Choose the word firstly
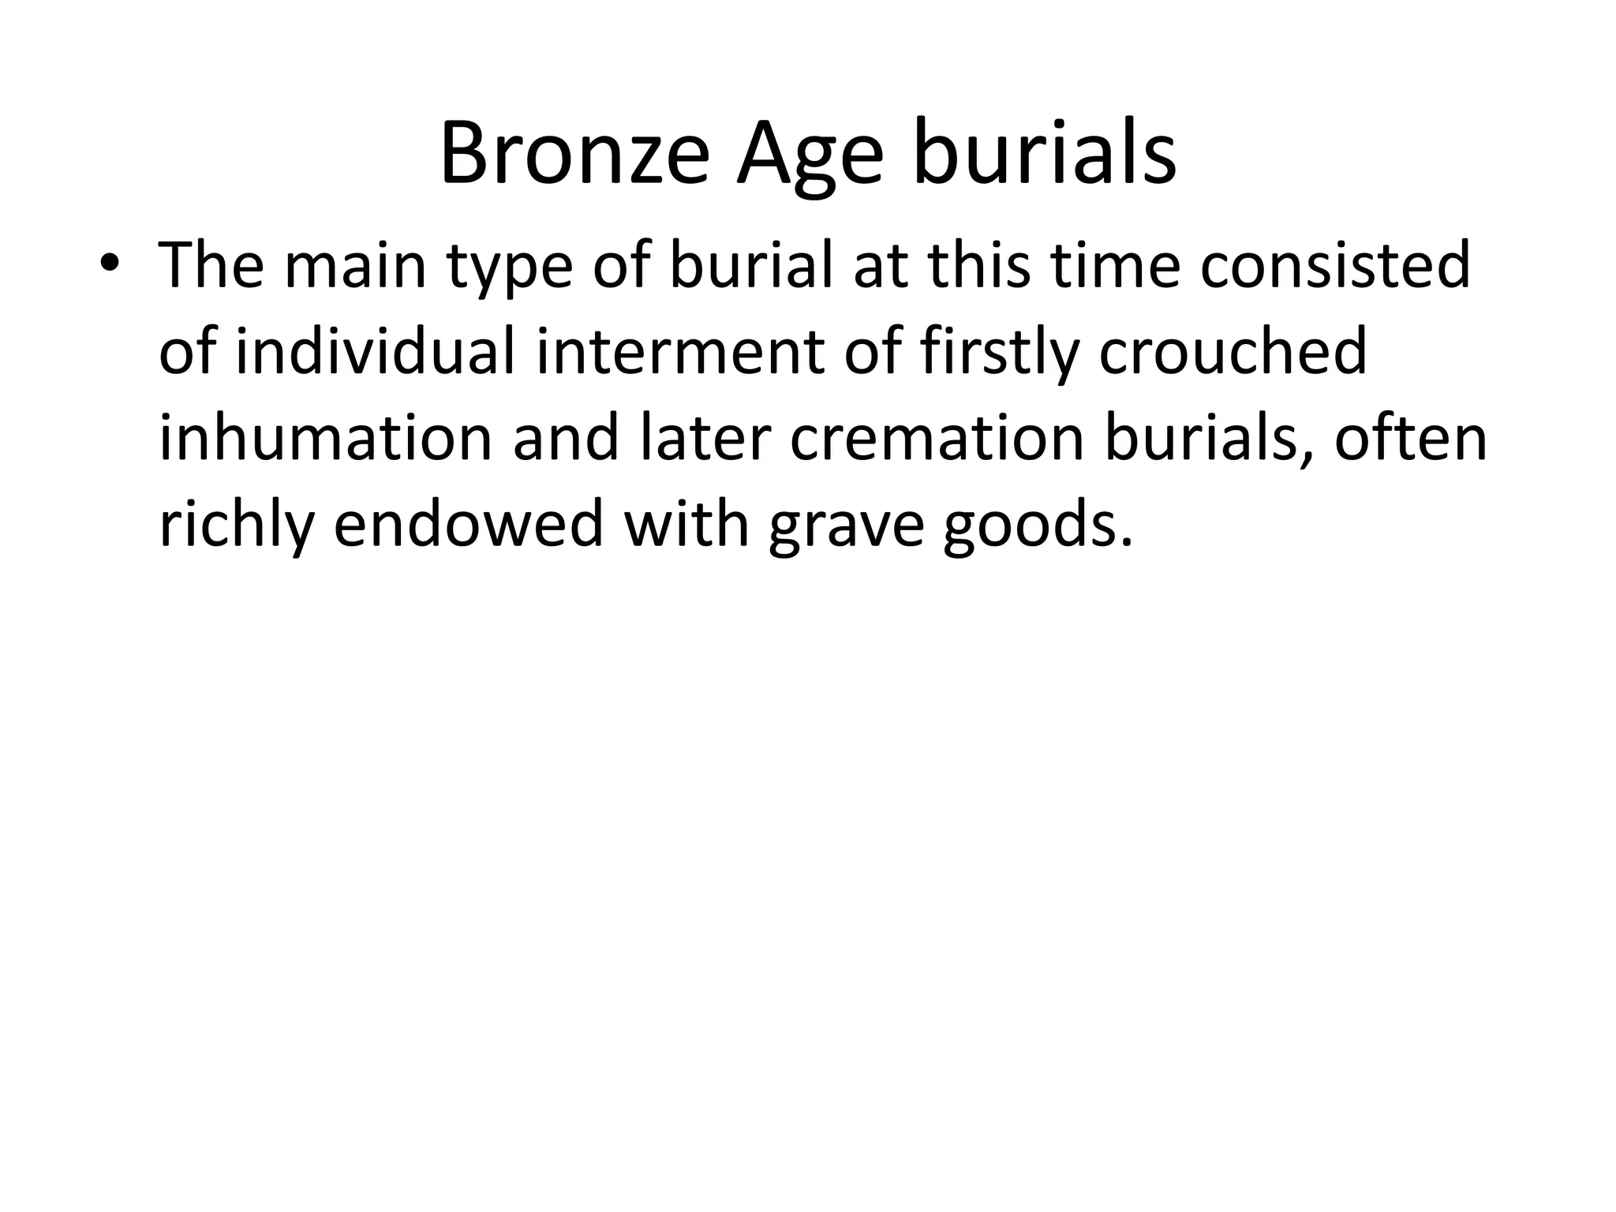[997, 353]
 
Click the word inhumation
[325, 438]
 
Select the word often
[1410, 438]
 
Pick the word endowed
[469, 525]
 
